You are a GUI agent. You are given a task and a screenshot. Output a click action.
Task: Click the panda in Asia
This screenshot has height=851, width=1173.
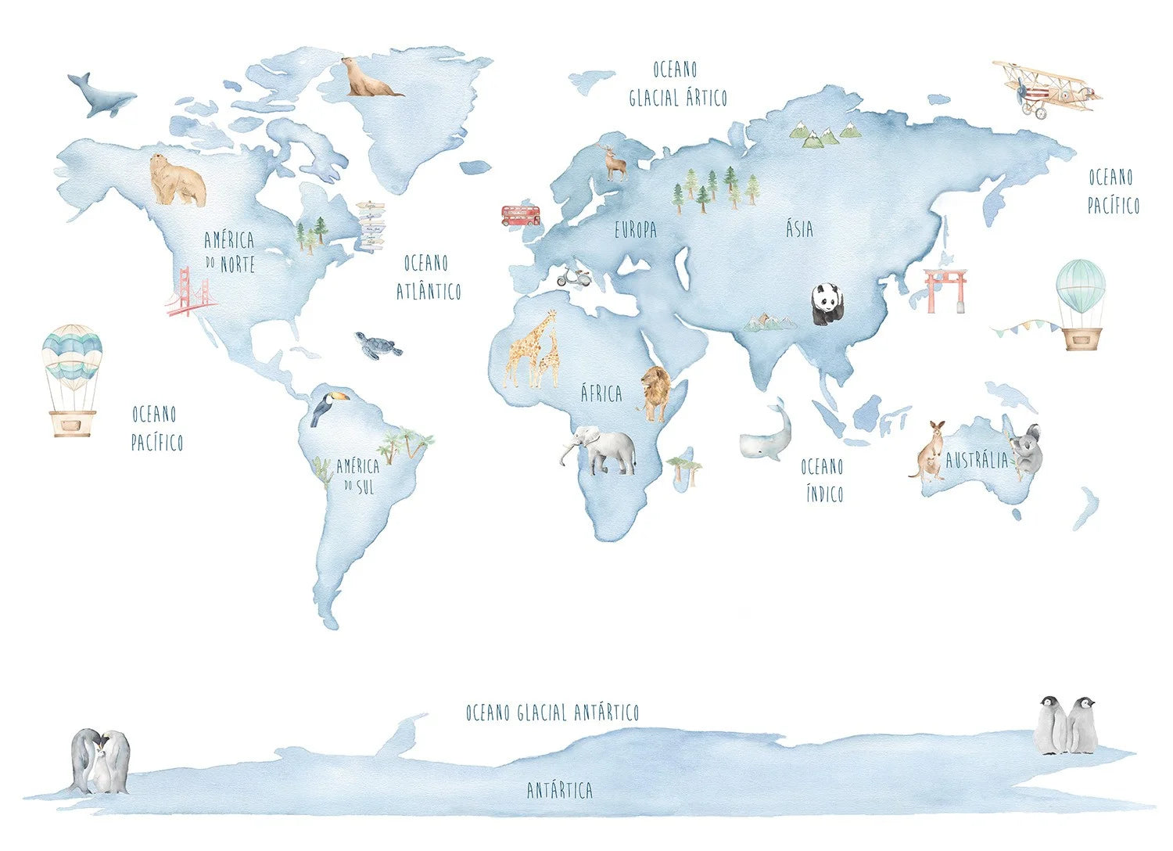826,303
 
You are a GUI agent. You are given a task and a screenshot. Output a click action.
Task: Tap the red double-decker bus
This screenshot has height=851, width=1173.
520,215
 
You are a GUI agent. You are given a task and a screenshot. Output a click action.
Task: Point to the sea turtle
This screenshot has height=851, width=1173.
378,344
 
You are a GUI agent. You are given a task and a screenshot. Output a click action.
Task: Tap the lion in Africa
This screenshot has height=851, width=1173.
655,392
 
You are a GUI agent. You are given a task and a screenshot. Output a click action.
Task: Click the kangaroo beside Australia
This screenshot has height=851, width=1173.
929,451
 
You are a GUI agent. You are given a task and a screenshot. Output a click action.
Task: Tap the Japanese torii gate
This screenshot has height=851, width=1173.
945,289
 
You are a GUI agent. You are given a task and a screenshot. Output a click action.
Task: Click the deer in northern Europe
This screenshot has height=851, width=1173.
615,163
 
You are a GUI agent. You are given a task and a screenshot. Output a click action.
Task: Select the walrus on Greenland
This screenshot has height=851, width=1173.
368,78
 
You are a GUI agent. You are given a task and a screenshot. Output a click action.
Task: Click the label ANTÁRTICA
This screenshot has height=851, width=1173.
559,790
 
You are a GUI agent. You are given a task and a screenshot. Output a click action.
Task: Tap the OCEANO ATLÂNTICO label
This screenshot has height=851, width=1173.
428,277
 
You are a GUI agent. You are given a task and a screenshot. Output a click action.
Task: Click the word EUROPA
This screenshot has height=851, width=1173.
635,230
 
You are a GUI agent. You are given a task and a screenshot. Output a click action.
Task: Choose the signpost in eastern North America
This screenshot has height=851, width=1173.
371,226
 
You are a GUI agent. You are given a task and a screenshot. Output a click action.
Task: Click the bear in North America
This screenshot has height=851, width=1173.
178,181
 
